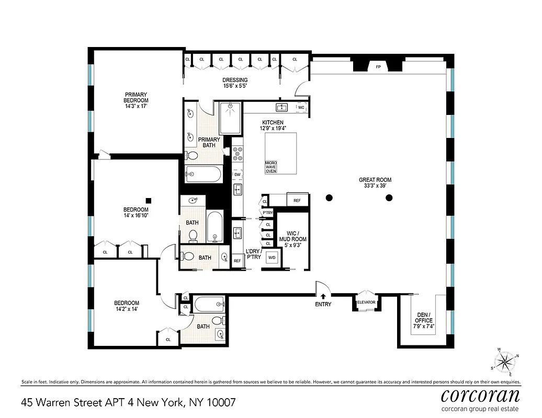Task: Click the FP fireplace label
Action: (x=378, y=67)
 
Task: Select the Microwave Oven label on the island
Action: (x=271, y=167)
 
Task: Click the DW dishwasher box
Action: (x=237, y=175)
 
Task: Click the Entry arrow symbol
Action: (x=323, y=297)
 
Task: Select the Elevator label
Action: (x=366, y=302)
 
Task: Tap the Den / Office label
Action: (x=424, y=320)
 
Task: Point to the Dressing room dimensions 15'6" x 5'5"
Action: (x=235, y=86)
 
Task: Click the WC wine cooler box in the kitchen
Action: (x=301, y=108)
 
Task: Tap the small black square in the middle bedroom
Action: (x=149, y=200)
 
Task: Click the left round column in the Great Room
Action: (x=329, y=198)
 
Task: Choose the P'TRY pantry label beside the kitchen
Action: (x=268, y=213)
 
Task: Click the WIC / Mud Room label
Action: (x=292, y=239)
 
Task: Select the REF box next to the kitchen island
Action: (x=297, y=201)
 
